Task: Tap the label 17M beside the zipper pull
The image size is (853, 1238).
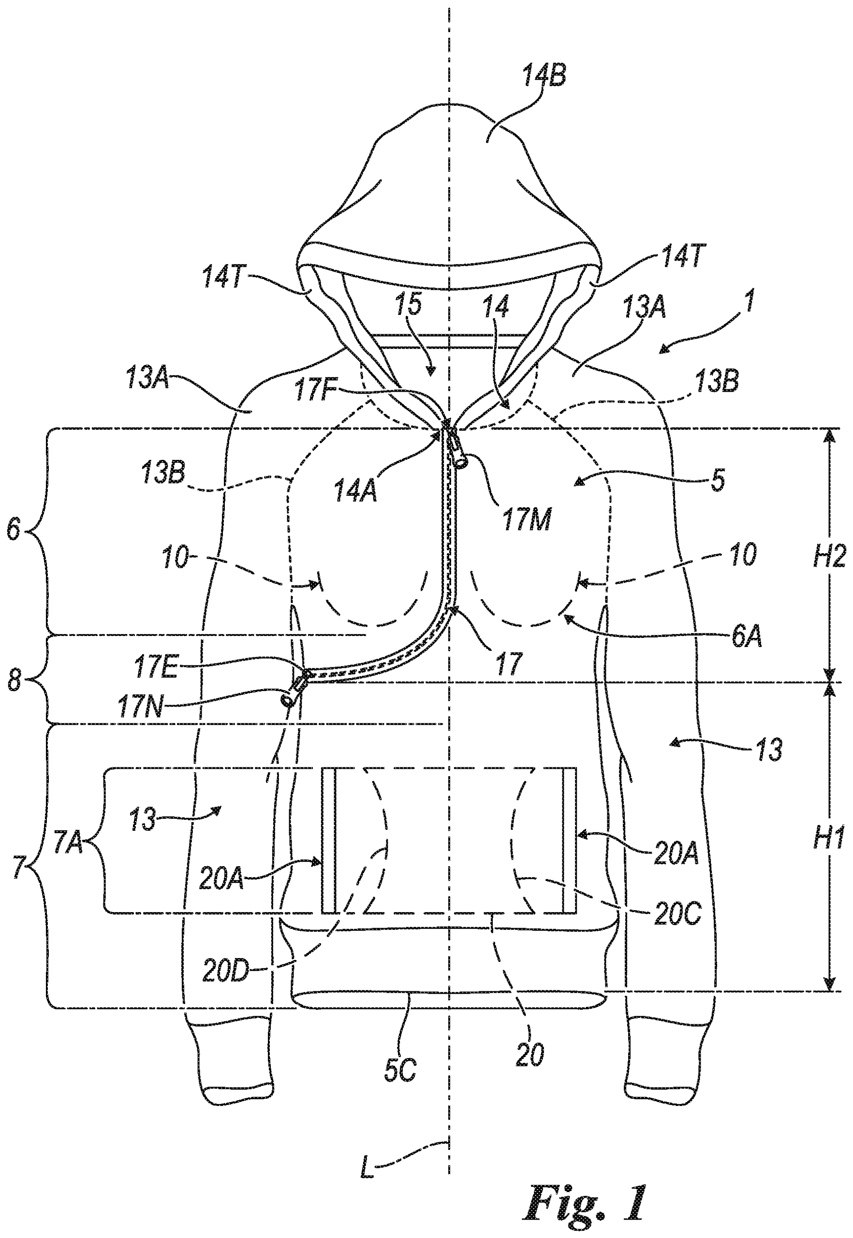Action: (x=526, y=518)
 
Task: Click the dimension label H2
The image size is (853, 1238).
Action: (x=829, y=557)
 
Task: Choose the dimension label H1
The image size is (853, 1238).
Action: (x=829, y=839)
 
